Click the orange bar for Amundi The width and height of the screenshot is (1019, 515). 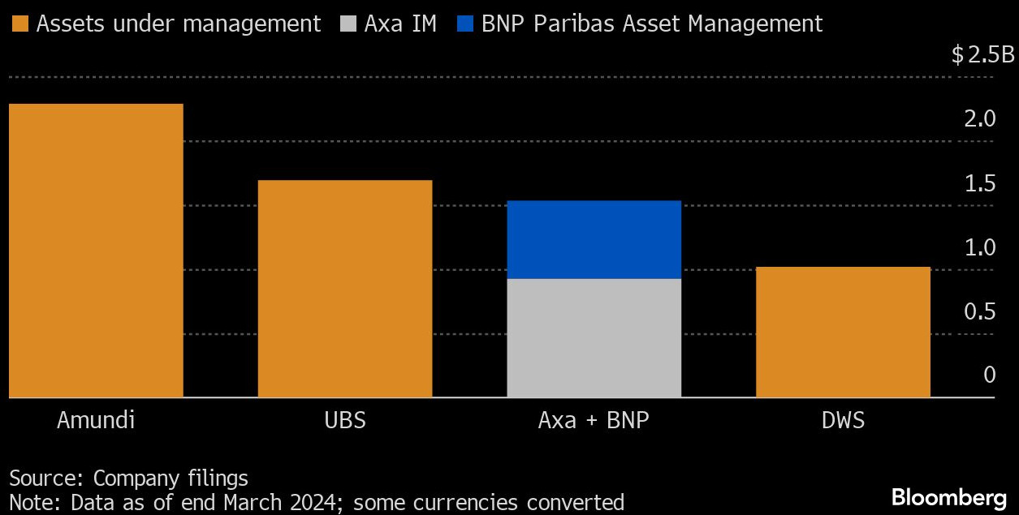tap(96, 251)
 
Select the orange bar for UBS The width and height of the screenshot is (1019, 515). tap(345, 289)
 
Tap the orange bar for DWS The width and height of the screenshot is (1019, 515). tap(843, 333)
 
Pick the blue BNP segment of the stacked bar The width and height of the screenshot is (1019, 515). tap(594, 240)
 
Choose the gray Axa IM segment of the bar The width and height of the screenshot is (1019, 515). tap(594, 338)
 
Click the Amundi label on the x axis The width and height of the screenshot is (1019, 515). tap(96, 421)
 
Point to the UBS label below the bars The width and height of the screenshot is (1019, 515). tap(345, 421)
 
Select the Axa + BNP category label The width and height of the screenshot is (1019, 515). tap(594, 421)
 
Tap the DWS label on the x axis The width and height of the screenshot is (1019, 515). tap(843, 421)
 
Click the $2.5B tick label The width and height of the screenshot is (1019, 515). tap(983, 55)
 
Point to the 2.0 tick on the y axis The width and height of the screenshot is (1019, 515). tap(979, 119)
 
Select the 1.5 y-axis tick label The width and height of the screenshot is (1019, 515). tap(979, 183)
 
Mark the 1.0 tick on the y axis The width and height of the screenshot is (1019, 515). tap(979, 247)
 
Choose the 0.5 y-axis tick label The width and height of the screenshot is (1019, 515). tap(979, 311)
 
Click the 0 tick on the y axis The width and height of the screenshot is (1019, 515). tap(989, 375)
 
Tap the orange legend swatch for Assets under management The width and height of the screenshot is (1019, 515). tap(21, 24)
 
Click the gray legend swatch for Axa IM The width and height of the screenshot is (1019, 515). tap(349, 24)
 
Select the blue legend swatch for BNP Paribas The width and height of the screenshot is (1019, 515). tap(466, 24)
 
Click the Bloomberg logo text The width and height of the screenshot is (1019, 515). tap(949, 496)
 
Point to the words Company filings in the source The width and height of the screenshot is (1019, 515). tap(171, 478)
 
